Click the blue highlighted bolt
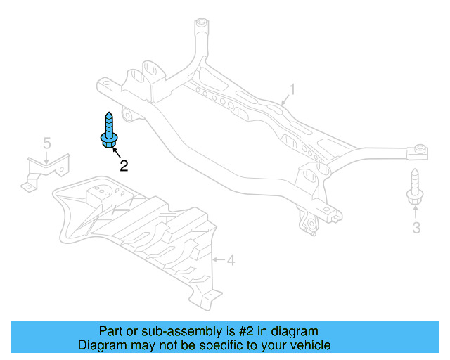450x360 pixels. click(x=109, y=131)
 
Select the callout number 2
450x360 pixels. click(x=124, y=166)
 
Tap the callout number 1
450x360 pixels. click(x=292, y=89)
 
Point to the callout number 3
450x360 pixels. click(x=416, y=228)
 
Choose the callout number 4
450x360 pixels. click(x=231, y=260)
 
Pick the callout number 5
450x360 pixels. click(x=47, y=143)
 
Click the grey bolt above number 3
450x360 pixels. click(x=415, y=186)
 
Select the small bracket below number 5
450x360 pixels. click(x=46, y=172)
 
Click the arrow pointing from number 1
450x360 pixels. click(x=285, y=100)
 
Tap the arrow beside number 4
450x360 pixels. click(x=219, y=260)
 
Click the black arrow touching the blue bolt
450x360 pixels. click(x=117, y=153)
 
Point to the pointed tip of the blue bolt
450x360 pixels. click(x=109, y=112)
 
